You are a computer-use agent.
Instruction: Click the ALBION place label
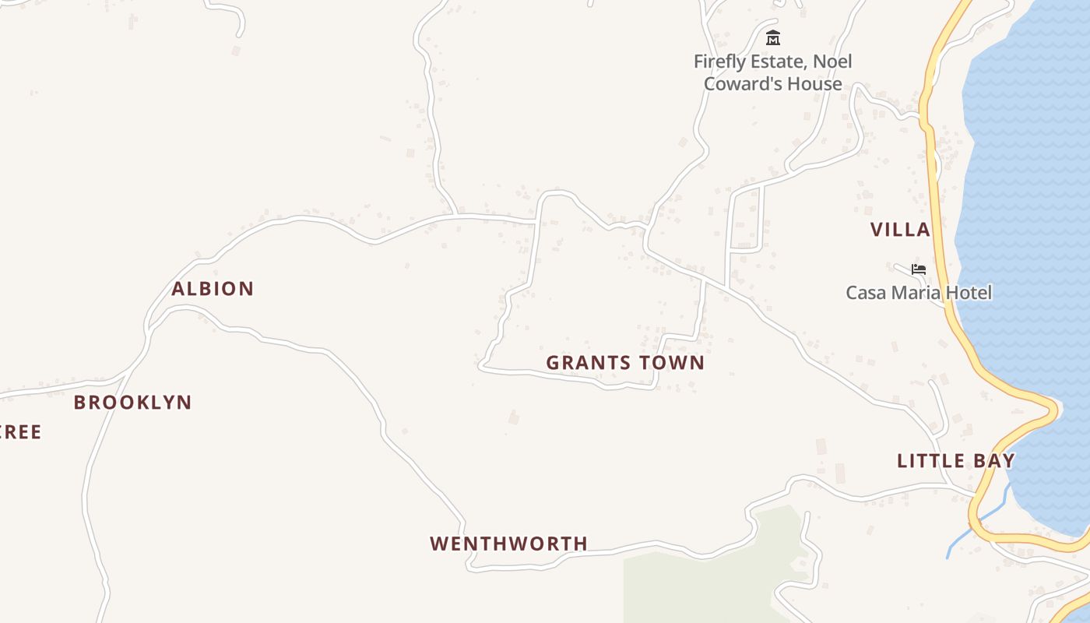pos(213,289)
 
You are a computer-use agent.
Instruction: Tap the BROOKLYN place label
pos(132,403)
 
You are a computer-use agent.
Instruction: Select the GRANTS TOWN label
pos(625,363)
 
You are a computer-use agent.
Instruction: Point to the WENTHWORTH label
pos(508,544)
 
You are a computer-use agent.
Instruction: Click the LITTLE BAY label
pos(955,461)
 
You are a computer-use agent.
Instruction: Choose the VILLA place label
pos(900,230)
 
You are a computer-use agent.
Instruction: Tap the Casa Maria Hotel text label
pos(919,293)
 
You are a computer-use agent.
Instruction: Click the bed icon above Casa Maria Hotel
pos(919,269)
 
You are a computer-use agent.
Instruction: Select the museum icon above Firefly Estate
pos(772,37)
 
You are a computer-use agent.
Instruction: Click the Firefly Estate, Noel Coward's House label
pos(773,72)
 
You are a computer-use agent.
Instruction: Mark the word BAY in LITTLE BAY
pos(993,461)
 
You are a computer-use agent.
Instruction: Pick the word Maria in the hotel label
pos(915,293)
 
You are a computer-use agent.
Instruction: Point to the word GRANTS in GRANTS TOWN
pos(586,363)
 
